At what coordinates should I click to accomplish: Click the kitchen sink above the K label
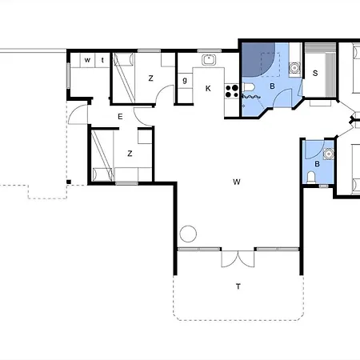point(209,60)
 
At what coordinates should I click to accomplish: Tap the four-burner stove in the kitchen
point(232,91)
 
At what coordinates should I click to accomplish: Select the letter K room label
point(208,89)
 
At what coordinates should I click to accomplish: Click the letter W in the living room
point(237,182)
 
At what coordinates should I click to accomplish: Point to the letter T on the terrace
point(238,286)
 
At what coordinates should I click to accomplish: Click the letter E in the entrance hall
point(120,117)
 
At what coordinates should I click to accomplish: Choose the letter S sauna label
point(315,73)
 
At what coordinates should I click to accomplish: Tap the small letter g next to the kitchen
point(185,80)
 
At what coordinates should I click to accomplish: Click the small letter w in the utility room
point(87,60)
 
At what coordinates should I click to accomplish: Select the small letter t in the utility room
point(102,60)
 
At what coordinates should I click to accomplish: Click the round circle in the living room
point(188,234)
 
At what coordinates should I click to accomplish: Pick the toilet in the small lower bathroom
point(310,178)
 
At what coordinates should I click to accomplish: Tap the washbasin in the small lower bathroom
point(329,154)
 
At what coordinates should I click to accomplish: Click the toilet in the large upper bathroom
point(249,87)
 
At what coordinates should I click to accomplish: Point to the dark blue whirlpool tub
point(258,59)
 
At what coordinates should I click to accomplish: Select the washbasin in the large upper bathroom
point(294,68)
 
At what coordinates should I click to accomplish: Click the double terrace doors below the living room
point(238,258)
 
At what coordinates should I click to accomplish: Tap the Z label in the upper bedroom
point(150,78)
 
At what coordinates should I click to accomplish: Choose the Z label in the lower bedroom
point(130,154)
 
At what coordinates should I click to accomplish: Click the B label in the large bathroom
point(272,86)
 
